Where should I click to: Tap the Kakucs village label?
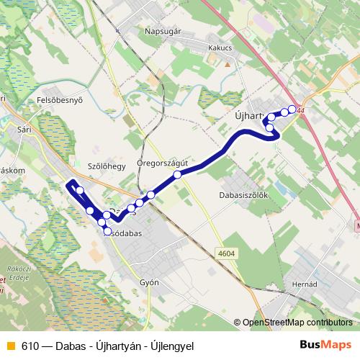click(x=220, y=48)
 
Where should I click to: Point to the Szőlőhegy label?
click(x=106, y=166)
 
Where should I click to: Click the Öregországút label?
click(x=162, y=163)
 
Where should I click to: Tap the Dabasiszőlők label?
click(x=243, y=195)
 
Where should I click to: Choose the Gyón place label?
click(x=150, y=282)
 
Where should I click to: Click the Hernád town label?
click(x=305, y=284)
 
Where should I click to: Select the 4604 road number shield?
click(x=225, y=253)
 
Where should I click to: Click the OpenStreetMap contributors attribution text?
click(x=297, y=323)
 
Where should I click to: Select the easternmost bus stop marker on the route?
click(x=292, y=109)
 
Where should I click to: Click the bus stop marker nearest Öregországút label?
click(x=177, y=174)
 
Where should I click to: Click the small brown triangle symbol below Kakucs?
click(x=228, y=63)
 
